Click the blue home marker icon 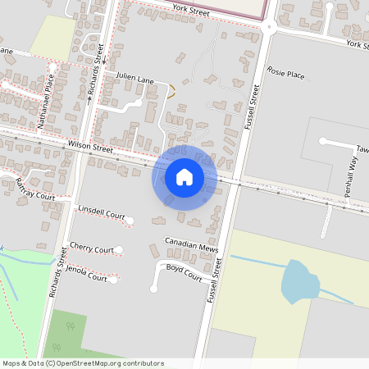[184, 177]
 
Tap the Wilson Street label [92, 148]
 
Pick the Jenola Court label [88, 274]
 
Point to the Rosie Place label [286, 75]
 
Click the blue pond [300, 284]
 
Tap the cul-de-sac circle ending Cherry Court [119, 249]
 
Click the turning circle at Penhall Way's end [322, 141]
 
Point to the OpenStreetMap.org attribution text [115, 363]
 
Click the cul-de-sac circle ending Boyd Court [153, 289]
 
